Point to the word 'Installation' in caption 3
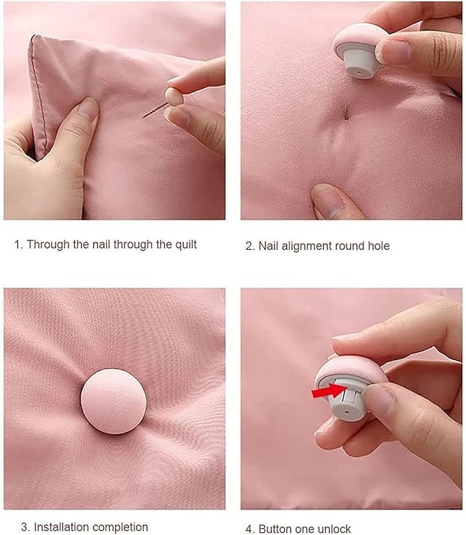(x=62, y=527)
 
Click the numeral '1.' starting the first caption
(x=19, y=244)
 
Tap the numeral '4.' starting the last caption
(x=251, y=528)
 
